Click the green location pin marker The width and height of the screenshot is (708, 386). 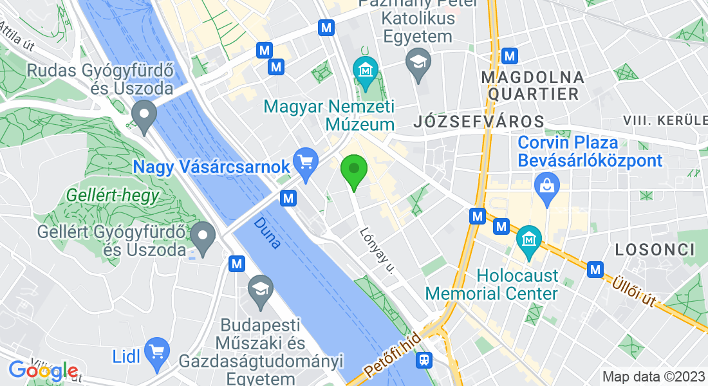353,170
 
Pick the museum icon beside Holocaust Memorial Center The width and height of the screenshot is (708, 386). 529,239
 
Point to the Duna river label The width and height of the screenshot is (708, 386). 266,233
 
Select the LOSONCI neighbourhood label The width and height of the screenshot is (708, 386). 655,249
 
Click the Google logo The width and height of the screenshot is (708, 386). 43,371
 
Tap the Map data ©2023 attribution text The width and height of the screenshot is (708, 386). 653,376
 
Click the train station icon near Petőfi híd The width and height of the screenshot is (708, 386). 425,360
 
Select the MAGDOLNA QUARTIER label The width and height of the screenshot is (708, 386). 534,86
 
